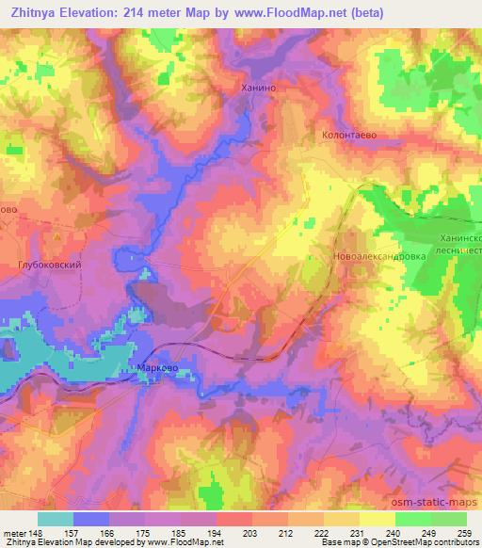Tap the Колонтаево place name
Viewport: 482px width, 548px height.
pos(349,136)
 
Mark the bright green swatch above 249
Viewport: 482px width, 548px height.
pos(412,518)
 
